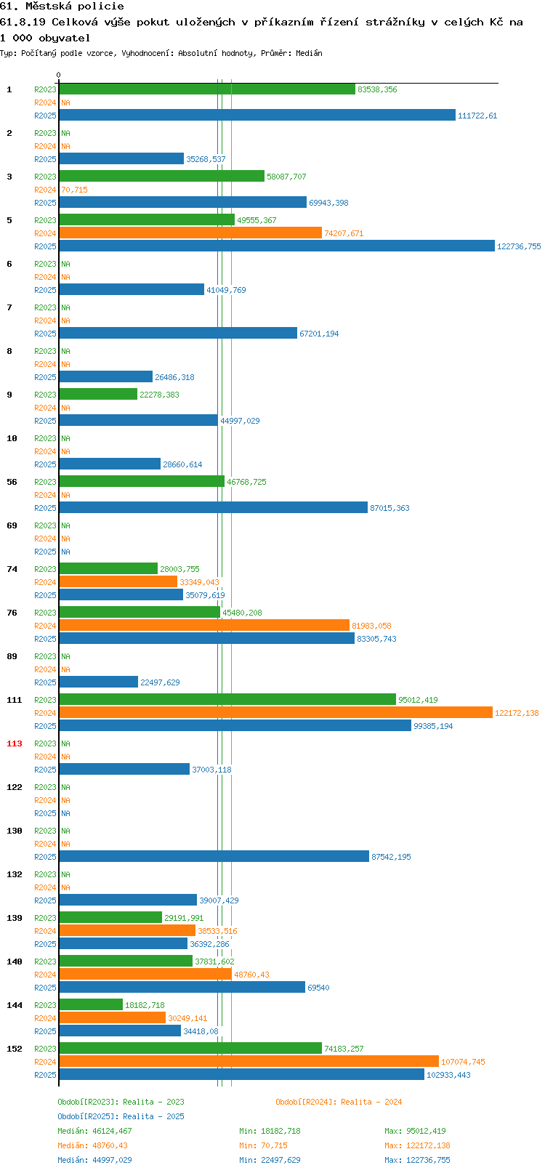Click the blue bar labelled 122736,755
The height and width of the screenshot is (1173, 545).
pos(277,246)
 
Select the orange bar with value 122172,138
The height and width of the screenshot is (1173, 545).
pos(276,712)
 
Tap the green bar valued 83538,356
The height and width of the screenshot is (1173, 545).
pos(207,89)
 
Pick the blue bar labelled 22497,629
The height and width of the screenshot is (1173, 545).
pos(98,682)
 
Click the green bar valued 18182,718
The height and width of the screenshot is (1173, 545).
pos(91,1004)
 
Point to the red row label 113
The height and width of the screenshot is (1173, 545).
pos(14,743)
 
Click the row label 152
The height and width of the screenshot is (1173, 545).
pos(14,1049)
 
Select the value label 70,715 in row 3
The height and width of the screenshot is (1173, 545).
pos(74,190)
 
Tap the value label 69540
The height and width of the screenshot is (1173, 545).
pos(318,988)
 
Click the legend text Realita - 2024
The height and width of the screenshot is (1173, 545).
pos(371,1102)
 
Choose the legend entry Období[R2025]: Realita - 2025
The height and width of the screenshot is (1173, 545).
pos(121,1116)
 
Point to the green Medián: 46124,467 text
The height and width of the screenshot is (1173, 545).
pos(94,1131)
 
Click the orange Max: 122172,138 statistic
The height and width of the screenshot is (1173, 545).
pos(417,1146)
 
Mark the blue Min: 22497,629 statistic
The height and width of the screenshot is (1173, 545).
pos(270,1160)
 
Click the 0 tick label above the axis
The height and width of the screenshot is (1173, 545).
pos(58,75)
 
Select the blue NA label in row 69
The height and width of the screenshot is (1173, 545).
pos(65,552)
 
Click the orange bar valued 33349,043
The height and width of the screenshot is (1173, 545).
pos(118,581)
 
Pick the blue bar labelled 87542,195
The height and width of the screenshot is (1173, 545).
pos(214,856)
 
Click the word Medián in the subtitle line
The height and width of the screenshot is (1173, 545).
pos(309,53)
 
